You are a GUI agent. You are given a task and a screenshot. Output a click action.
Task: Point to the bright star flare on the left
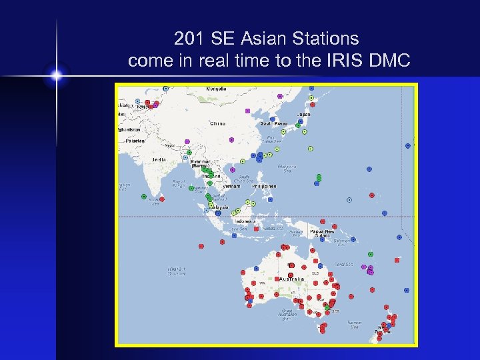point(57,76)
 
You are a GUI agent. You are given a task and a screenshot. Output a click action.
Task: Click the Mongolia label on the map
point(216,89)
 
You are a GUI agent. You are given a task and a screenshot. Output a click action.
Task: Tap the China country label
point(217,123)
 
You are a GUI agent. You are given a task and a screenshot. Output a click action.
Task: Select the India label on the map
point(159,159)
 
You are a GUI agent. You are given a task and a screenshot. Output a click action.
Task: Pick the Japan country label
point(303,114)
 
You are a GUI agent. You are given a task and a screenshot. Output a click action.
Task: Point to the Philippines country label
point(264,186)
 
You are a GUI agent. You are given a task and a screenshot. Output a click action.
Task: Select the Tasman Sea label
point(354,325)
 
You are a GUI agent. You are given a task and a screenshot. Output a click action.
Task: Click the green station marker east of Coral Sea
point(371,254)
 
